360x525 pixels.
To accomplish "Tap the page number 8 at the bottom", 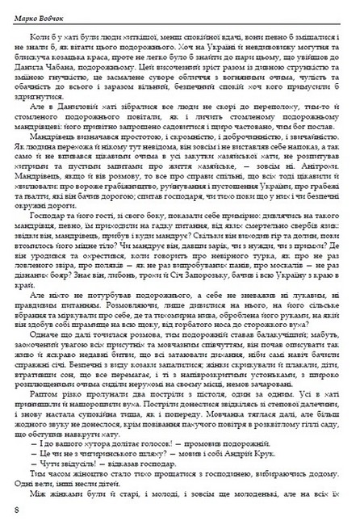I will [x=17, y=510].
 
